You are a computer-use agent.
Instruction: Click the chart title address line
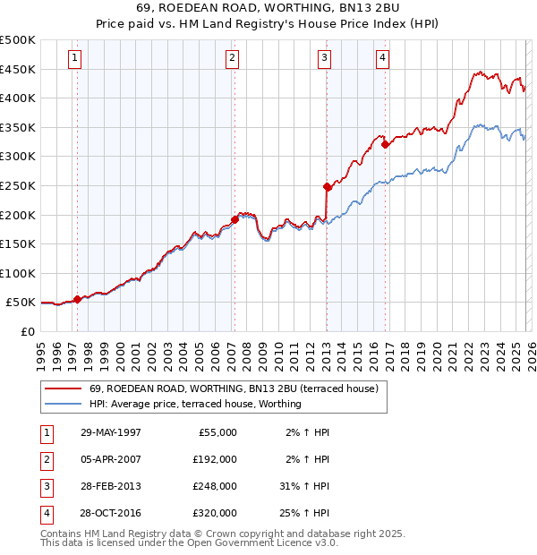point(268,7)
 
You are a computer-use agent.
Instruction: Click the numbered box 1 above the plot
point(74,58)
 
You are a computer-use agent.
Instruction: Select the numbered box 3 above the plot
point(324,58)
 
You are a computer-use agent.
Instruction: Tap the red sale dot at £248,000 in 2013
point(327,186)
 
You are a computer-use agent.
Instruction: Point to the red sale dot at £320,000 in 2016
point(385,144)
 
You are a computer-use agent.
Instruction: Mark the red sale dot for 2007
point(234,218)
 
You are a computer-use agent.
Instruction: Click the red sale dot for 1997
point(78,299)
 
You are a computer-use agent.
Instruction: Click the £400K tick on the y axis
point(18,98)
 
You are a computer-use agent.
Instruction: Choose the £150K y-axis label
point(18,243)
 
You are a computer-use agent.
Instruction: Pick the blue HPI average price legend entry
point(195,404)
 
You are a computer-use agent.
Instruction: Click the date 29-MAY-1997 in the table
point(110,432)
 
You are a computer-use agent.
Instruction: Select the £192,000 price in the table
point(215,459)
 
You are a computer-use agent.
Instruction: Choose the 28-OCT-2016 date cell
point(110,513)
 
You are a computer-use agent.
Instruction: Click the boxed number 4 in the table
point(45,513)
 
